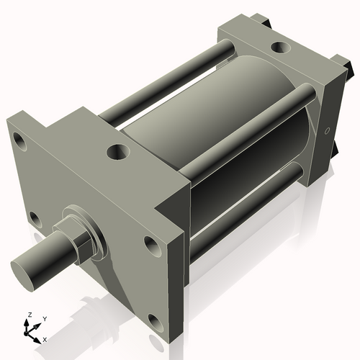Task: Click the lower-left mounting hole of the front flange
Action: [32, 217]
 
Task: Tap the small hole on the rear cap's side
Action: [328, 132]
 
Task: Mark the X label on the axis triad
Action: [45, 338]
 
